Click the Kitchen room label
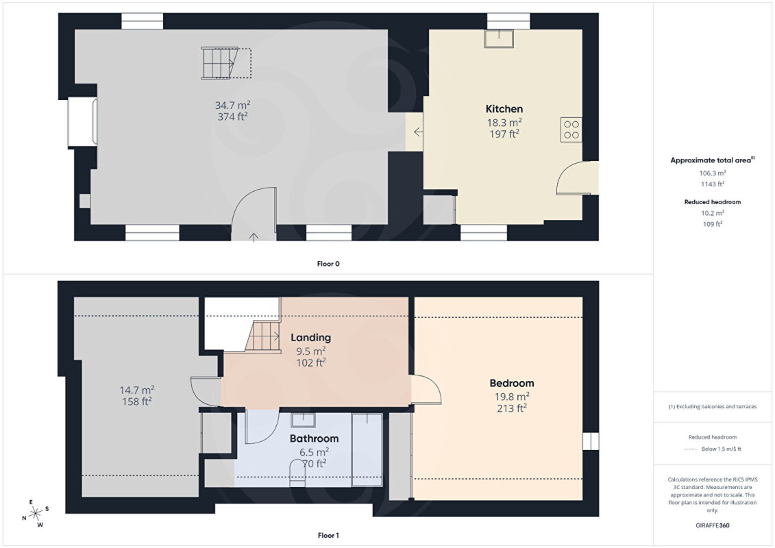click(x=504, y=109)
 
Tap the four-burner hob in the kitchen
click(x=571, y=129)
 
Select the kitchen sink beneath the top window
click(x=499, y=38)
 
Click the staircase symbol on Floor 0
click(x=226, y=63)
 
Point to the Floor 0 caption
click(x=328, y=264)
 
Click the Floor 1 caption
click(x=328, y=535)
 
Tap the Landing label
click(x=310, y=338)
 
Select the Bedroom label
click(x=512, y=383)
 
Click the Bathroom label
click(x=314, y=438)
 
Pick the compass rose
click(x=36, y=514)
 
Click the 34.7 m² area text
click(x=232, y=105)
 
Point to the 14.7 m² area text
click(x=137, y=390)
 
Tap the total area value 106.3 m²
click(x=712, y=173)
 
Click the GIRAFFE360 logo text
click(x=712, y=525)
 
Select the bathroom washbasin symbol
click(x=303, y=420)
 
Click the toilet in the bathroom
click(x=297, y=473)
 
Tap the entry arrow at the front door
click(x=254, y=237)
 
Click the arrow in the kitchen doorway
click(x=418, y=132)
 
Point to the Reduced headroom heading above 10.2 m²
click(x=712, y=201)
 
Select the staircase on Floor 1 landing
click(x=263, y=336)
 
